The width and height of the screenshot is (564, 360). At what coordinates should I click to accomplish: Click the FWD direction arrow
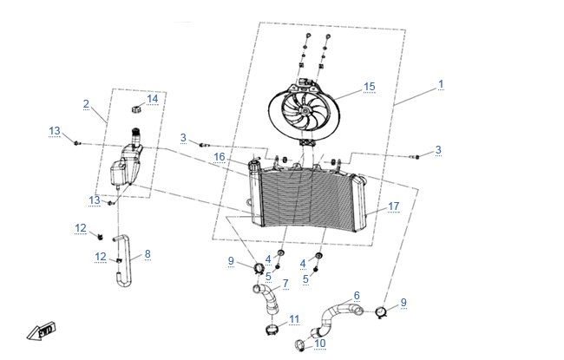42,331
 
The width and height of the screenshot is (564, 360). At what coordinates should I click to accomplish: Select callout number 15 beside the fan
370,87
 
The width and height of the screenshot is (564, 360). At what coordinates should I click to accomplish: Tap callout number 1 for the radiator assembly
441,84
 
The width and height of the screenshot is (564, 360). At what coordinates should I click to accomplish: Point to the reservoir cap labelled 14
137,109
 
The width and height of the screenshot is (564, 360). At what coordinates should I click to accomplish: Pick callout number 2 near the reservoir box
86,104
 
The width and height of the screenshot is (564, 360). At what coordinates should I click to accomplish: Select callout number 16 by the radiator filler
220,157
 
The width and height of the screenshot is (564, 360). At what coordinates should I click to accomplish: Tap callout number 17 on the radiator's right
394,206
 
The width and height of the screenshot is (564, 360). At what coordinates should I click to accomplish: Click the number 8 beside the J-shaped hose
148,254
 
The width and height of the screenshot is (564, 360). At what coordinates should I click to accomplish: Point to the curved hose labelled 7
266,298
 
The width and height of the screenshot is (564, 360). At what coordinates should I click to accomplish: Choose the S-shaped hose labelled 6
336,317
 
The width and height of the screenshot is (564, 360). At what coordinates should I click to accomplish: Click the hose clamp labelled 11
272,329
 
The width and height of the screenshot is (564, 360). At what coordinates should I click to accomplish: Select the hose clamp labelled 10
300,345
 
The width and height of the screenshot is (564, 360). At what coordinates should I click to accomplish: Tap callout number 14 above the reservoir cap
153,99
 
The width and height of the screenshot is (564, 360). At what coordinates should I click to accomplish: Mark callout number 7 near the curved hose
285,284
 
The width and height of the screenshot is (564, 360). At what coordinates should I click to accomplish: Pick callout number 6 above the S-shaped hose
357,296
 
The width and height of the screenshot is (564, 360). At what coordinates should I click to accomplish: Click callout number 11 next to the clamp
294,319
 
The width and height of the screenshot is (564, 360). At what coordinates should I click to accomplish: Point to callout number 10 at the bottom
320,344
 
